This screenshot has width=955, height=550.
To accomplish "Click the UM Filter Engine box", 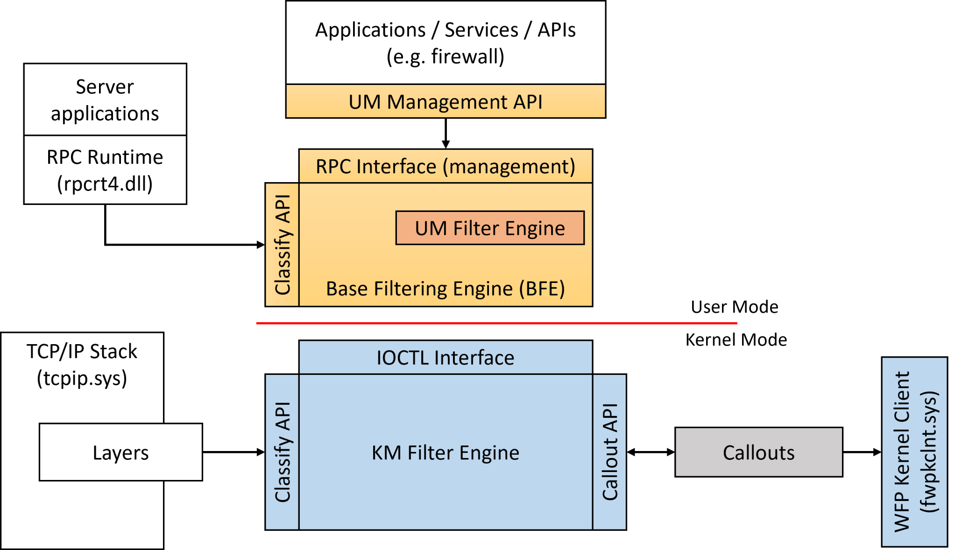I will click(490, 228).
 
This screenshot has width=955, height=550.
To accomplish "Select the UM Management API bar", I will click(446, 102).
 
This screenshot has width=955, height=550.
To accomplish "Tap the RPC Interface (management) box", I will click(446, 166).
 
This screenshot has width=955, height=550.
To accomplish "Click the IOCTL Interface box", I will click(446, 358).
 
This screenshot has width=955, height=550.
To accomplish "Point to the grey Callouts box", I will click(759, 452).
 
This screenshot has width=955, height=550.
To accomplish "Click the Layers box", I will click(120, 452).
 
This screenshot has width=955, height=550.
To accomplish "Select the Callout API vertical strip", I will click(610, 452).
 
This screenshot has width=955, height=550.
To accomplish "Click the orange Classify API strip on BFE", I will click(282, 245).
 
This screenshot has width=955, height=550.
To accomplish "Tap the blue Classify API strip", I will click(282, 452).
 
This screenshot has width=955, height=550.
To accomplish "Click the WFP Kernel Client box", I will click(914, 452).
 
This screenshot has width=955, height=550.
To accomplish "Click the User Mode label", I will click(735, 307).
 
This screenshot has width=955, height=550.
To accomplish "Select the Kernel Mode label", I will click(736, 340).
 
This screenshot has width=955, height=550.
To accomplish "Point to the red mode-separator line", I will click(496, 323).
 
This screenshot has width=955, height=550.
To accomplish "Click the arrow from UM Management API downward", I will click(446, 134).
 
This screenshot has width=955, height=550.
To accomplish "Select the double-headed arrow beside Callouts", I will click(651, 452).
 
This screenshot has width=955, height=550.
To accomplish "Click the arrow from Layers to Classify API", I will click(233, 452).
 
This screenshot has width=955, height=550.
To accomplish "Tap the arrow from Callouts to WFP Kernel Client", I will click(862, 452).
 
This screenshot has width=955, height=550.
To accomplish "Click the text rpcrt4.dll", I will click(105, 183).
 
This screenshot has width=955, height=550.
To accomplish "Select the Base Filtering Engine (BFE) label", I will click(446, 289).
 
